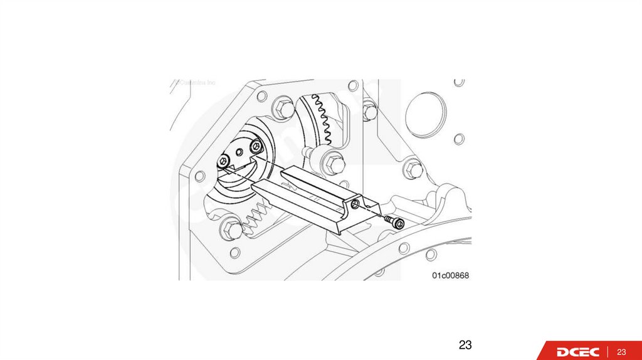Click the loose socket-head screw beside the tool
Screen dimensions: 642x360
394,222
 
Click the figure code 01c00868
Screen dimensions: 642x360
450,275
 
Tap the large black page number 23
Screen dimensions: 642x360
465,344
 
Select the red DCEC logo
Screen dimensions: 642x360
577,351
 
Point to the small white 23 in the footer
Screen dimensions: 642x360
623,351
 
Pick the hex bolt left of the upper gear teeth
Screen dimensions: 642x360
283,109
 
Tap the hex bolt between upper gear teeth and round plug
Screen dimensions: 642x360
370,111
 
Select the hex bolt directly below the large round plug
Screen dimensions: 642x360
412,167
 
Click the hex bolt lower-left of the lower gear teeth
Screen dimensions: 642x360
231,230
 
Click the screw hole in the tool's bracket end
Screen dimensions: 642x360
355,204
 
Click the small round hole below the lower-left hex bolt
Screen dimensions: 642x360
235,253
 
